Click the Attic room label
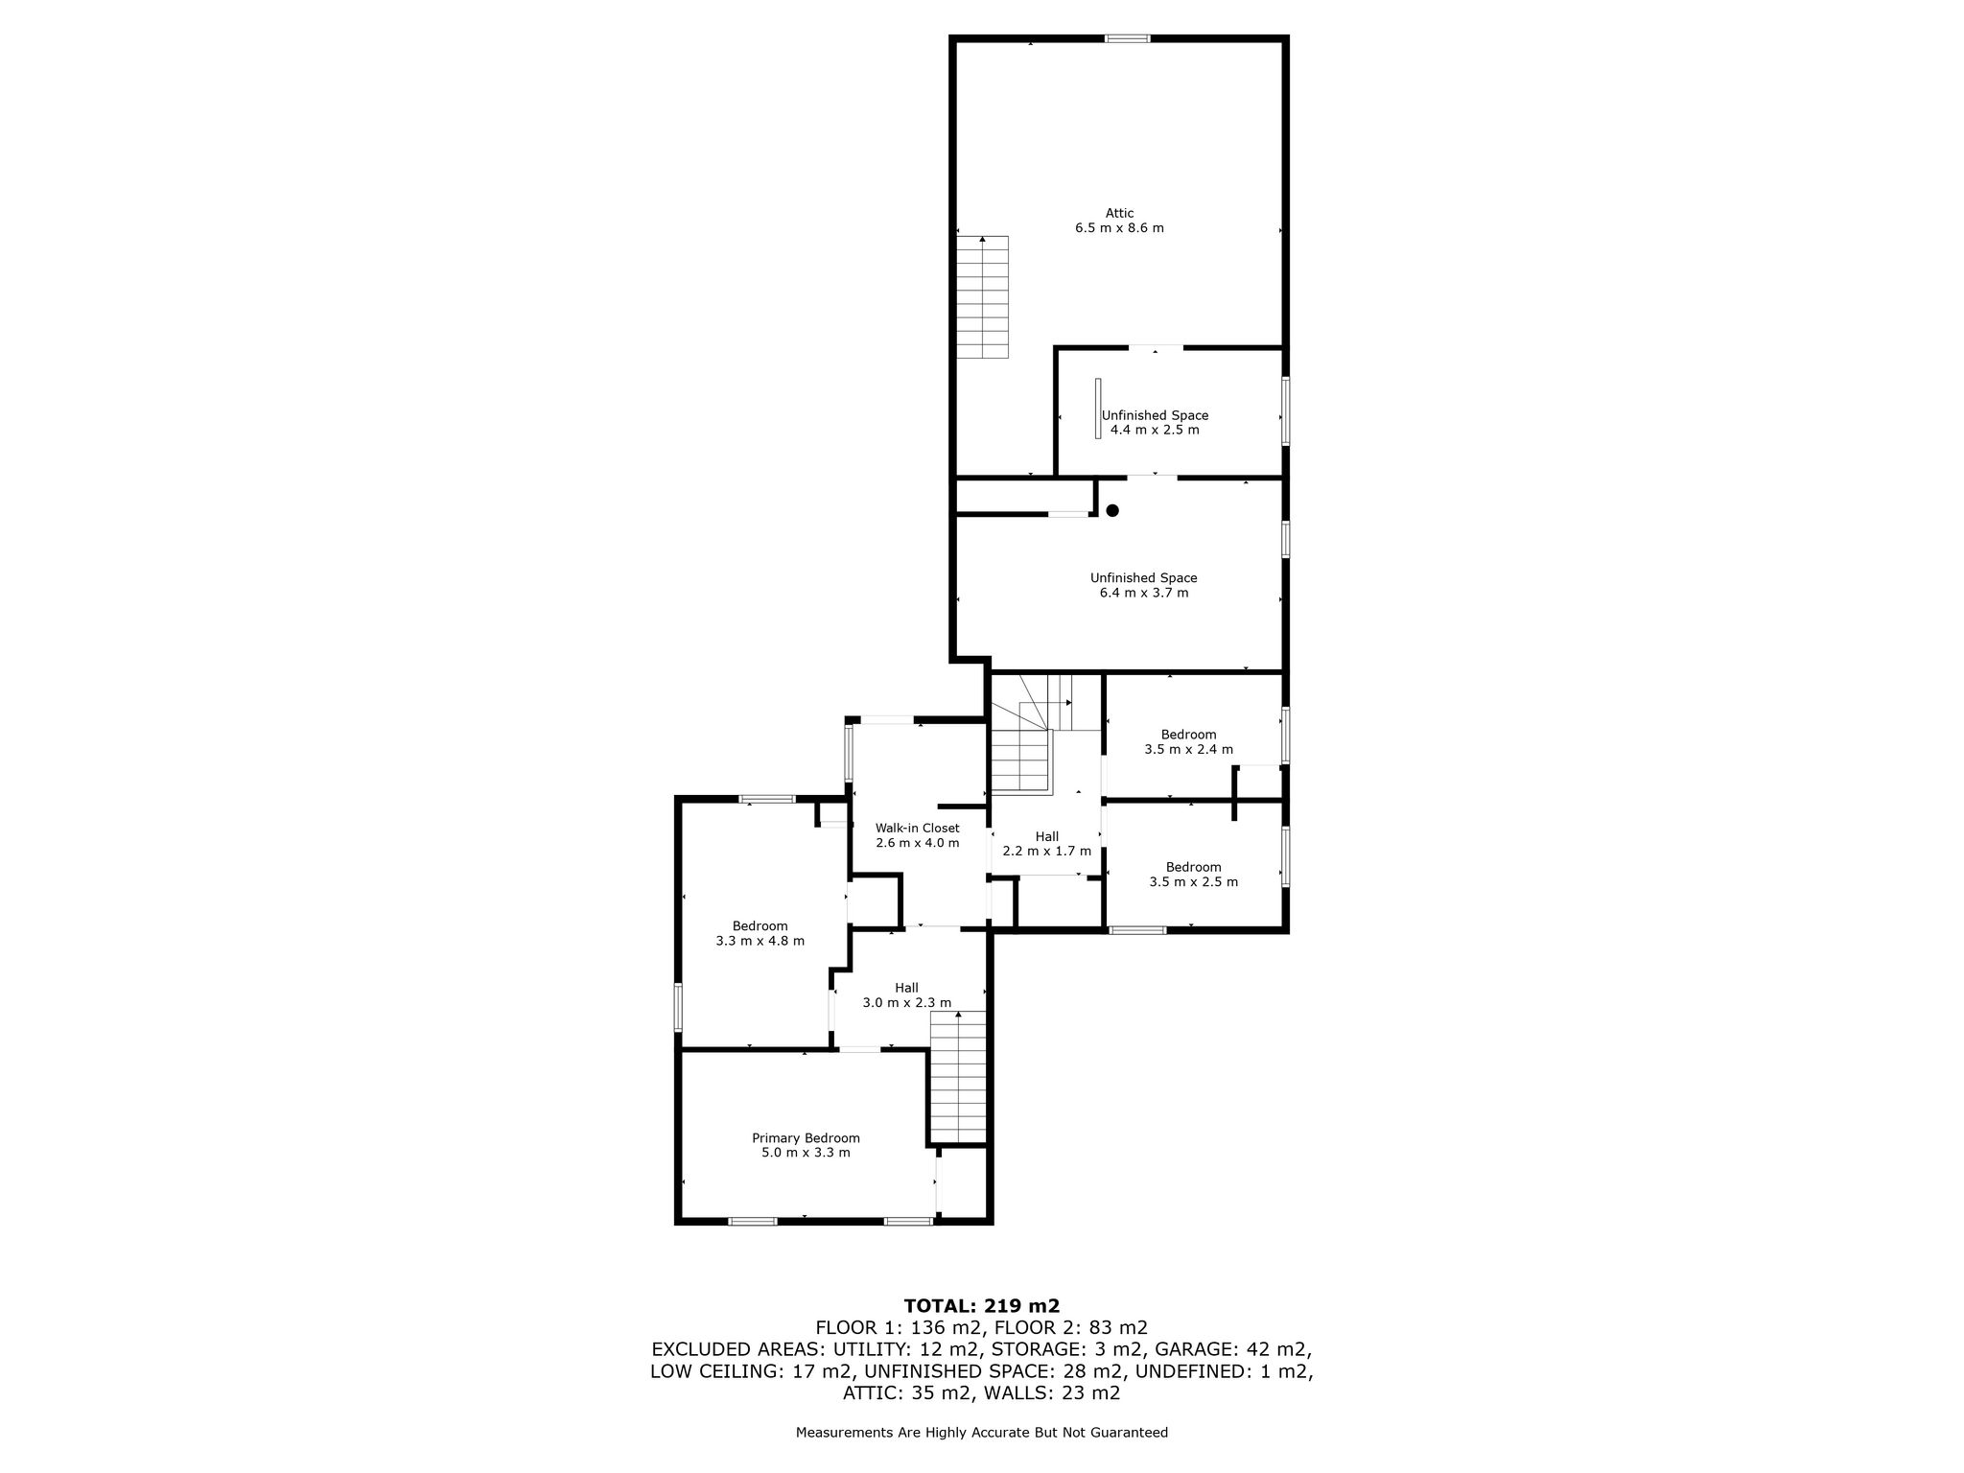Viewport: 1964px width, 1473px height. tap(1119, 213)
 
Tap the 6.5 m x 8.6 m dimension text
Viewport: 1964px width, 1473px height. tap(1119, 228)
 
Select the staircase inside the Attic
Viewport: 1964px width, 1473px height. tap(983, 297)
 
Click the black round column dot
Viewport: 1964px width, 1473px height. tap(1112, 511)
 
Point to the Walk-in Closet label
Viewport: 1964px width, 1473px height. tap(917, 828)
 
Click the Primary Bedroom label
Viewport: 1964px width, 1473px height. tap(806, 1138)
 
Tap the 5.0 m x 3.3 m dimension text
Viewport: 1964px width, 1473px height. tap(806, 1153)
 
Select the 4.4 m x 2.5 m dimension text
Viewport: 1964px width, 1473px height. tap(1155, 430)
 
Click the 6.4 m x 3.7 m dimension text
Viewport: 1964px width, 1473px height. tap(1144, 593)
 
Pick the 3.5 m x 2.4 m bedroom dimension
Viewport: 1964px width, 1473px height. tap(1188, 749)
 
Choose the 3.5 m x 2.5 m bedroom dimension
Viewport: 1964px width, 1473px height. tap(1193, 881)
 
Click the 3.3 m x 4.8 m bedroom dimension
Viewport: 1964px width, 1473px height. tap(760, 941)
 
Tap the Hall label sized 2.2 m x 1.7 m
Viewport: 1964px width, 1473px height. tap(1046, 836)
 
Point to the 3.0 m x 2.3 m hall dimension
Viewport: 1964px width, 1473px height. tap(906, 1003)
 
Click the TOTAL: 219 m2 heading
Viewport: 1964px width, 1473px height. tap(982, 1305)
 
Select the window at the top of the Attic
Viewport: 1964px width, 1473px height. tap(1127, 38)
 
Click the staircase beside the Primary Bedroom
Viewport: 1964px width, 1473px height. tap(959, 1078)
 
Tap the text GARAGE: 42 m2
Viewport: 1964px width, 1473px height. tap(1236, 1349)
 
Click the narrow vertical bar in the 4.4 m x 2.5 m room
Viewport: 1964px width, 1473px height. tap(1098, 409)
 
